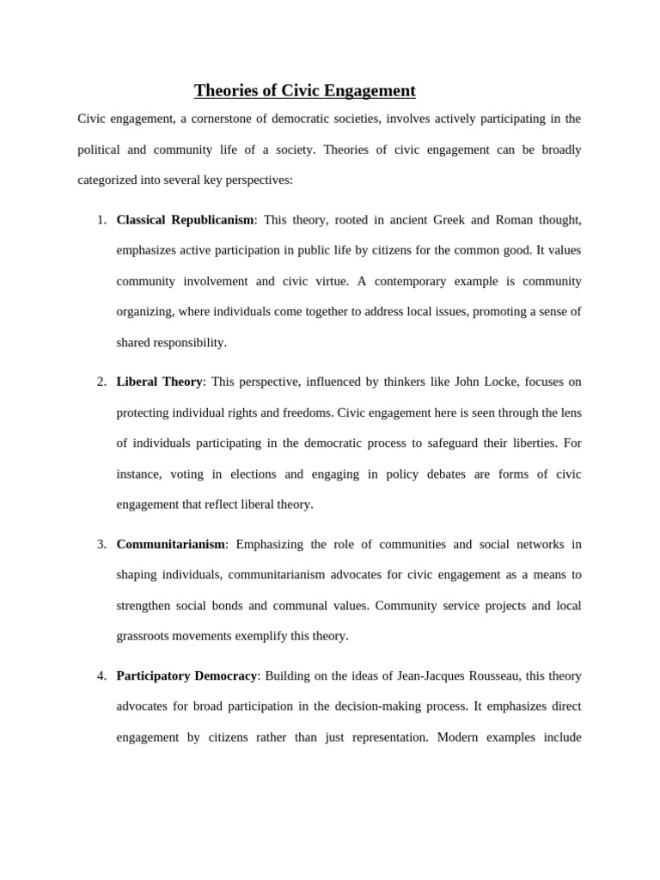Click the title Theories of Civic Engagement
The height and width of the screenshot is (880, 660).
click(304, 90)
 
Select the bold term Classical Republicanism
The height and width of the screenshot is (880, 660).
click(185, 220)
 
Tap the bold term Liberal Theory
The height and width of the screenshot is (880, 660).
click(159, 382)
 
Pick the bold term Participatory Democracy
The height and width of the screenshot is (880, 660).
click(186, 675)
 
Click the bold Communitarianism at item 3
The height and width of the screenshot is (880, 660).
click(170, 544)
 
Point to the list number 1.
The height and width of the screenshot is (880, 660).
click(101, 220)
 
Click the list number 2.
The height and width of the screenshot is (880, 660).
click(101, 382)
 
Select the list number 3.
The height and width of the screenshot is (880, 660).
click(101, 544)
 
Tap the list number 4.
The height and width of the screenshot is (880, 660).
click(101, 675)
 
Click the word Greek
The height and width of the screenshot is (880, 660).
click(450, 220)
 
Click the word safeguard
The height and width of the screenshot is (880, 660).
click(462, 443)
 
